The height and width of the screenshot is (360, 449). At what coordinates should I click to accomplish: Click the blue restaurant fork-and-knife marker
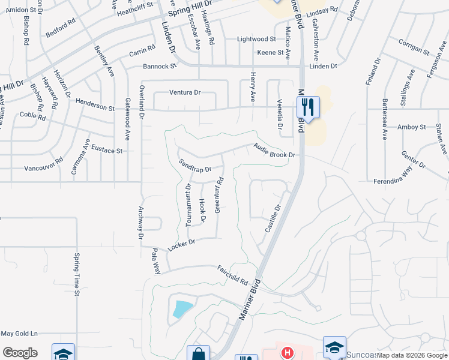coord(308,108)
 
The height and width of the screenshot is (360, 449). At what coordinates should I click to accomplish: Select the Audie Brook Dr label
coord(275,151)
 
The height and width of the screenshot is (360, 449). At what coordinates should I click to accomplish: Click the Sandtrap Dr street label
coord(195,166)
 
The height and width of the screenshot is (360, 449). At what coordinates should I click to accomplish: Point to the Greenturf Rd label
coord(219,196)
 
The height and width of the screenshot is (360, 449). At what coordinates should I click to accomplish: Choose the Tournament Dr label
coord(188,205)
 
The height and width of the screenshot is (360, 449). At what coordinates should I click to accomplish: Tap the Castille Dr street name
coord(273,220)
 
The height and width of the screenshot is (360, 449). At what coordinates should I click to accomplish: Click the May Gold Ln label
coord(19,334)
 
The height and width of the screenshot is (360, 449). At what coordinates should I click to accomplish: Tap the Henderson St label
coord(95,107)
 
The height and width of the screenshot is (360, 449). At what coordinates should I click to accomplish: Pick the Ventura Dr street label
coord(184,92)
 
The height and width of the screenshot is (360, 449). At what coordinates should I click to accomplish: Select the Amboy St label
coord(411,127)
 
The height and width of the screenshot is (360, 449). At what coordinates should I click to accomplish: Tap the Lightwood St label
coord(256,39)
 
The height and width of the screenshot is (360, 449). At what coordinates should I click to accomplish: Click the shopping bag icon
coord(198,354)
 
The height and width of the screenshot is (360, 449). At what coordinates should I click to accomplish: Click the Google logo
coord(20,353)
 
